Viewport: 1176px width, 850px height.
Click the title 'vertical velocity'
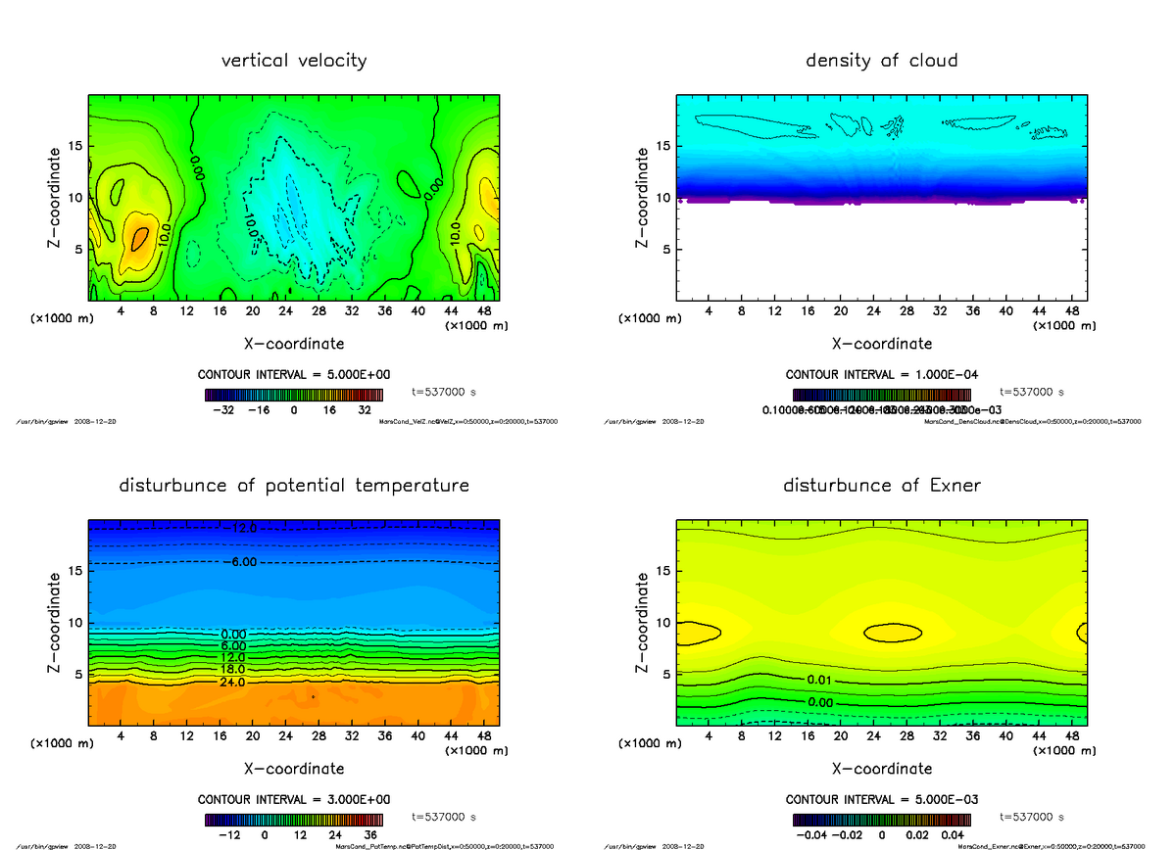click(x=294, y=61)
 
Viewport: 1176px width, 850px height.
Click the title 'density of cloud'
click(x=881, y=61)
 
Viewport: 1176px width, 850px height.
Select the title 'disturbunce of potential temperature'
click(x=294, y=486)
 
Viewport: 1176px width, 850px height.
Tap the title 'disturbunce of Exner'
click(x=881, y=486)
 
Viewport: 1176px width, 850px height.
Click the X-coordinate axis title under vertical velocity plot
click(x=294, y=344)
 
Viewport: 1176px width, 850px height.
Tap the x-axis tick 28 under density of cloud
click(x=907, y=311)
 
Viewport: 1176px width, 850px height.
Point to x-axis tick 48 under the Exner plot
click(x=1072, y=736)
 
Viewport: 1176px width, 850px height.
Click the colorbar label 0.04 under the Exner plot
click(x=952, y=835)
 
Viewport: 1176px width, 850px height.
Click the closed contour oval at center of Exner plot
click(x=892, y=633)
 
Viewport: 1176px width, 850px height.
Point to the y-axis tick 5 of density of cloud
click(x=664, y=249)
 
